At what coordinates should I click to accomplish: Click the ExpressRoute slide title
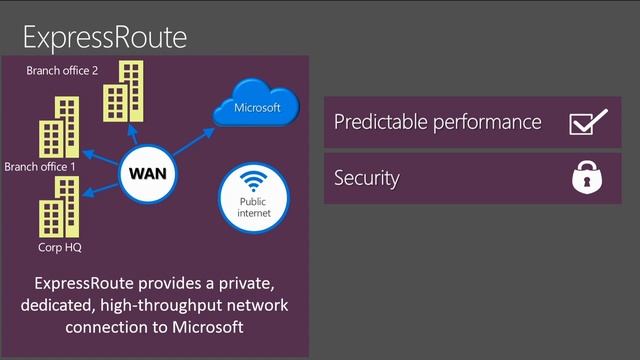tap(105, 37)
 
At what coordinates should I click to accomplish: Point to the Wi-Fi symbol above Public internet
tap(253, 184)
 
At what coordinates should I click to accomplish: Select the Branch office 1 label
tap(39, 166)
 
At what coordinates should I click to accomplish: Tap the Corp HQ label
tap(52, 245)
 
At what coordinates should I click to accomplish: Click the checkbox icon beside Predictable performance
tap(587, 122)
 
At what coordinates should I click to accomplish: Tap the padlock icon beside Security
tap(586, 179)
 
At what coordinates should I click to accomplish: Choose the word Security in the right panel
tap(366, 179)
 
